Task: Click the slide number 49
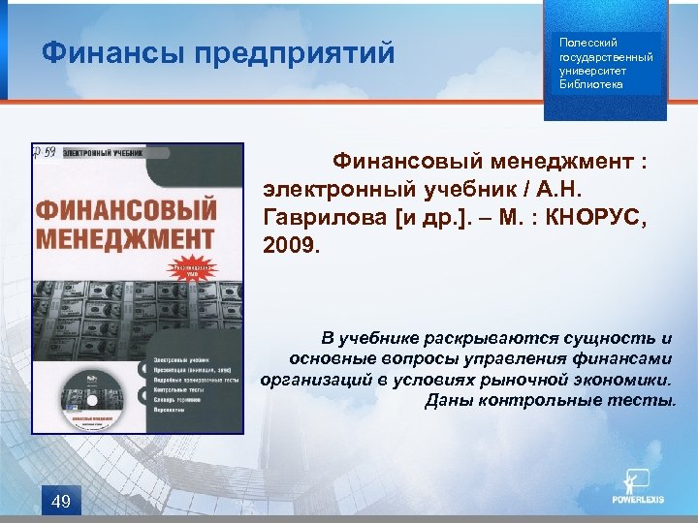[x=60, y=500]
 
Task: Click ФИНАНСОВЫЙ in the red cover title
[x=124, y=208]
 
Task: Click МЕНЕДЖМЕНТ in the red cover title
[x=111, y=236]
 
